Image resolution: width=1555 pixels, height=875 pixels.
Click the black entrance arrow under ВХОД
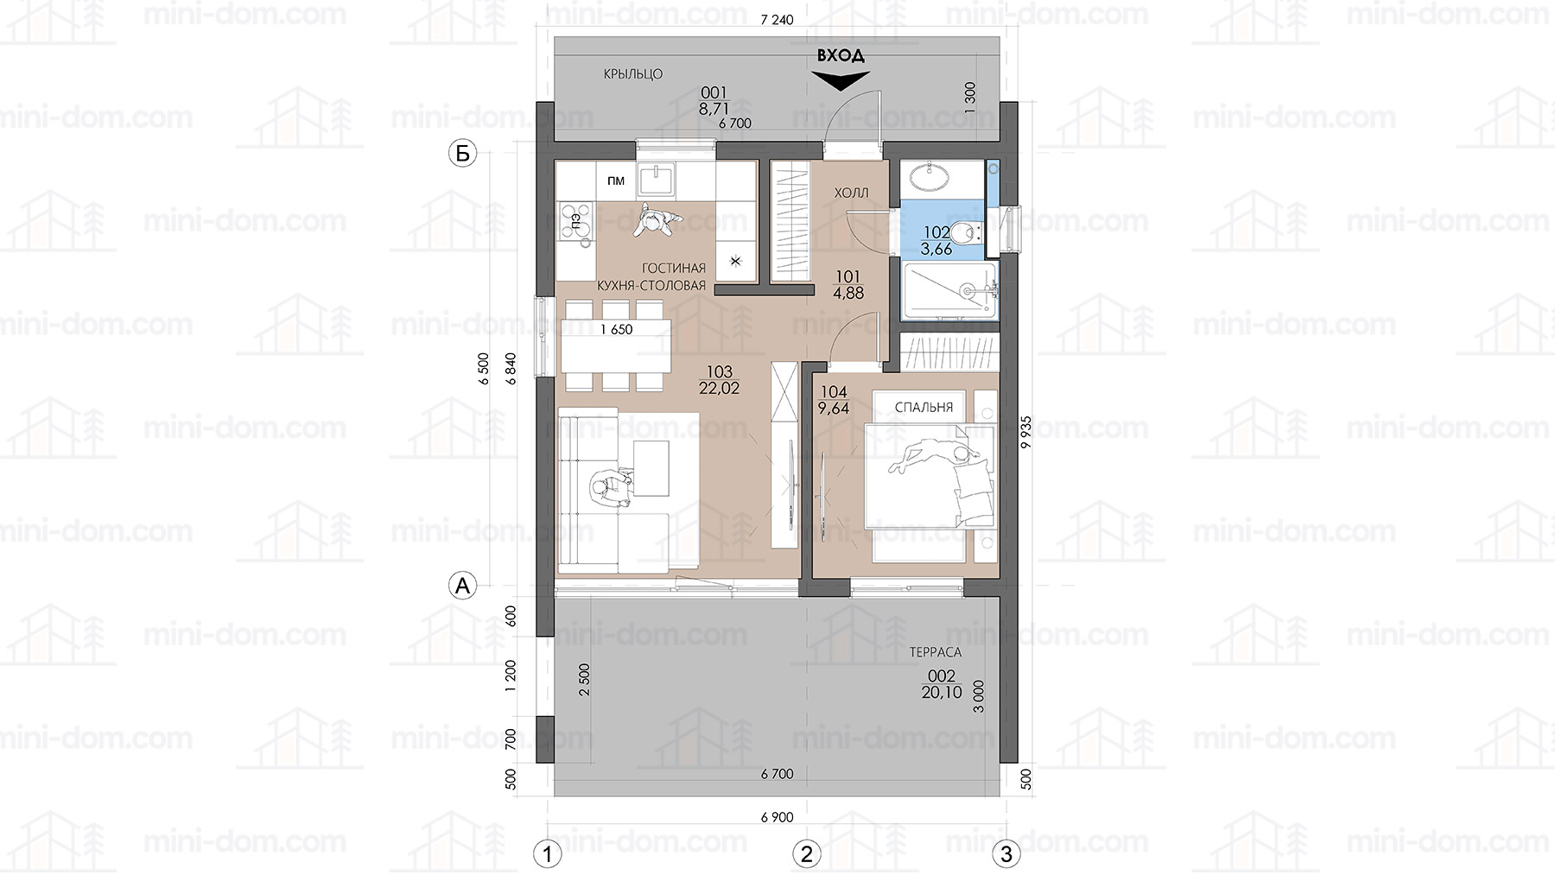click(x=840, y=80)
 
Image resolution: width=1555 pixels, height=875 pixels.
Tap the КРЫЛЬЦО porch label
click(x=633, y=74)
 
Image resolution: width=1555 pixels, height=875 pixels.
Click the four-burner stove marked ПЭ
click(x=576, y=222)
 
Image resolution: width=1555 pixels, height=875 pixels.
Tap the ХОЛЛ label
click(x=851, y=193)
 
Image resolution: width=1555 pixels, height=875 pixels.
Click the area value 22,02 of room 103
click(x=719, y=389)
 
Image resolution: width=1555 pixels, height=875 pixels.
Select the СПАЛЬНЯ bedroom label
click(x=923, y=407)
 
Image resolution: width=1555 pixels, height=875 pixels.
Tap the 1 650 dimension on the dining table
click(x=617, y=329)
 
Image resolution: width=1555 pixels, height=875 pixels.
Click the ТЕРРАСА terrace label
click(x=935, y=652)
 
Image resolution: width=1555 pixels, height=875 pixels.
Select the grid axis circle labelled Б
click(x=463, y=154)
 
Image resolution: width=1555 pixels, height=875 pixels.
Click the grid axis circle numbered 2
click(x=807, y=854)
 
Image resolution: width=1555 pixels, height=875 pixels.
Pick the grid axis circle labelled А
click(x=463, y=586)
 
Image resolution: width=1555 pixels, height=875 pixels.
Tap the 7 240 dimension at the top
click(x=777, y=20)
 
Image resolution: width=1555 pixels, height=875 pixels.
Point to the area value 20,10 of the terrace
click(x=942, y=692)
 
